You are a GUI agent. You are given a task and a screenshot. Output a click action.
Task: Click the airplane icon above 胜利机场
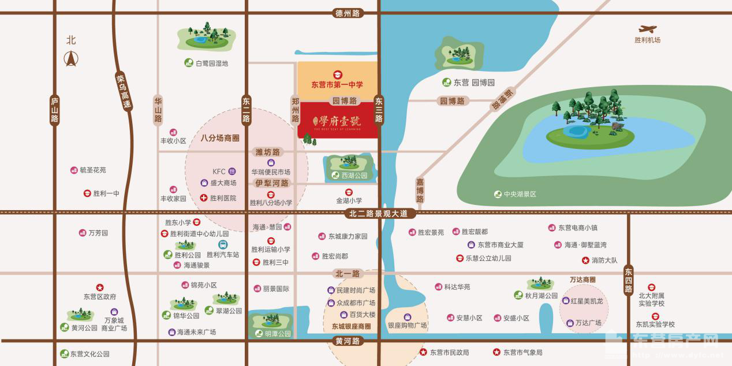pyautogui.click(x=647, y=28)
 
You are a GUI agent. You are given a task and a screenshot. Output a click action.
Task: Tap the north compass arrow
pyautogui.click(x=71, y=58)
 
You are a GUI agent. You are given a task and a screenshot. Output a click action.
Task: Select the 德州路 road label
pyautogui.click(x=347, y=13)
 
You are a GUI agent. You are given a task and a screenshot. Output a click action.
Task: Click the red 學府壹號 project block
pyautogui.click(x=338, y=122)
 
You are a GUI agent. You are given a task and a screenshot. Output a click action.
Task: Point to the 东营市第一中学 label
pyautogui.click(x=337, y=84)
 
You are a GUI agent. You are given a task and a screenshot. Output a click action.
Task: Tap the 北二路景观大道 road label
pyautogui.click(x=382, y=214)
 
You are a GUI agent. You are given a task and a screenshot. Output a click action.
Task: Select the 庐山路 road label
pyautogui.click(x=55, y=110)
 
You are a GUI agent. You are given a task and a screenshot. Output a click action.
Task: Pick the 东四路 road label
pyautogui.click(x=628, y=280)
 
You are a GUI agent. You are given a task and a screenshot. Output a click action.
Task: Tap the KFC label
pyautogui.click(x=219, y=171)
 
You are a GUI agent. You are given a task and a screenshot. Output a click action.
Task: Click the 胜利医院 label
pyautogui.click(x=223, y=198)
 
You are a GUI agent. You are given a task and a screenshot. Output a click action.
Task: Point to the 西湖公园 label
pyautogui.click(x=353, y=175)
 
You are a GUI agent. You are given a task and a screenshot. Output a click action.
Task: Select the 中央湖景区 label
pyautogui.click(x=520, y=195)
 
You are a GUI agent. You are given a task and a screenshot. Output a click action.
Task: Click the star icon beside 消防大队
pyautogui.click(x=585, y=260)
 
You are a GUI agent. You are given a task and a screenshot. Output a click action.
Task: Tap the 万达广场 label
pyautogui.click(x=588, y=323)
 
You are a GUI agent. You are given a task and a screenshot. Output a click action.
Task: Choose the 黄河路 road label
pyautogui.click(x=348, y=341)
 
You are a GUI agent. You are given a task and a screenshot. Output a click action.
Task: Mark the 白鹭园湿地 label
pyautogui.click(x=212, y=64)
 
